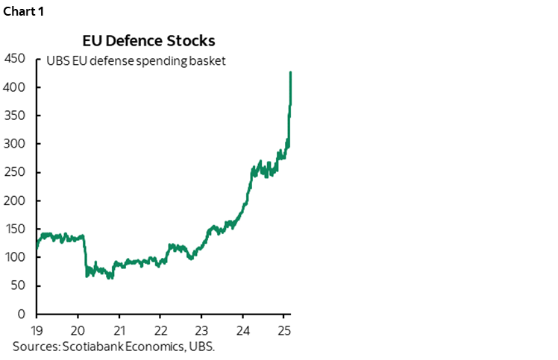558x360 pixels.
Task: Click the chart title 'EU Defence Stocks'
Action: [x=148, y=40]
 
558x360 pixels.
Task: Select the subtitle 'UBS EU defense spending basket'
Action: [x=135, y=60]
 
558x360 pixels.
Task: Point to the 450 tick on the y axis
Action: [x=16, y=59]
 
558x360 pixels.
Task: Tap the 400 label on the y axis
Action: [x=16, y=87]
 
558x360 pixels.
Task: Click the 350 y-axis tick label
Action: [x=16, y=116]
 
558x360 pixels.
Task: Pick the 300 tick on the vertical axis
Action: [x=16, y=144]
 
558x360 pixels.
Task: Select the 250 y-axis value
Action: [x=16, y=172]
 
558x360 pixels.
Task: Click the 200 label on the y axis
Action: [x=16, y=200]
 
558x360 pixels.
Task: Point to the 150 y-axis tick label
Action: [x=16, y=229]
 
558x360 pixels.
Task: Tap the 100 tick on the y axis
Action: [x=16, y=257]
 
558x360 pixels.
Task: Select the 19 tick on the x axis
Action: [x=37, y=330]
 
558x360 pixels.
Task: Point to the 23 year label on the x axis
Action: [x=201, y=330]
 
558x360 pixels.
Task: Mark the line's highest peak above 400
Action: [x=290, y=72]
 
